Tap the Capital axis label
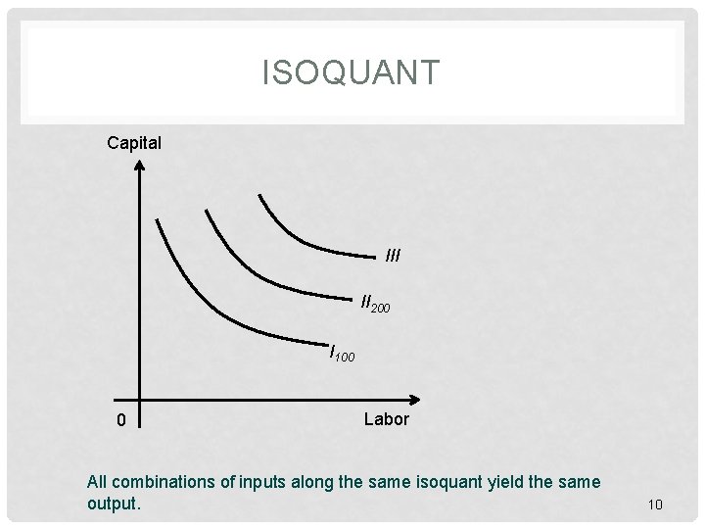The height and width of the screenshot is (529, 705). click(x=135, y=143)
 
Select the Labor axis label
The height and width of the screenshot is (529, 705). click(x=387, y=419)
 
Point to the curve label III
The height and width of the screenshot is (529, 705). click(x=394, y=257)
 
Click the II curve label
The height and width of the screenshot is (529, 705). click(x=367, y=302)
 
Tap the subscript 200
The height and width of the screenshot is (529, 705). click(x=382, y=308)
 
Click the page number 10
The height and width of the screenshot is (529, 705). click(x=655, y=505)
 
